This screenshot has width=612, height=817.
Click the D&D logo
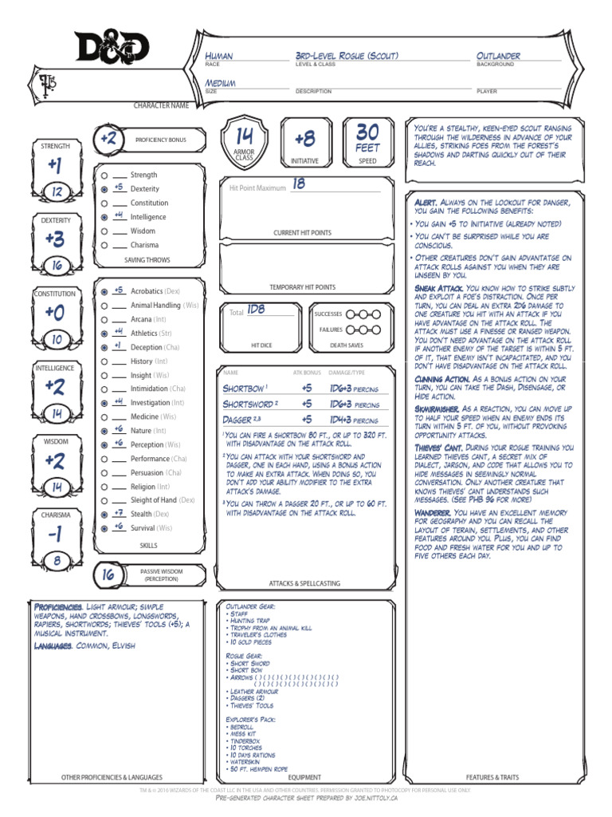pos(112,48)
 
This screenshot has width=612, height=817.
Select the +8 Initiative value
pos(304,139)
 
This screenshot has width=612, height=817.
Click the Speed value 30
pos(368,132)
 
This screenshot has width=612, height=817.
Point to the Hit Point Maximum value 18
pos(298,184)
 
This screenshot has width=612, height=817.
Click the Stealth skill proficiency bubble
pos(104,515)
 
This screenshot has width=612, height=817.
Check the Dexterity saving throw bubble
pos(104,189)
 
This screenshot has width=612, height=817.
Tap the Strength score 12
pos(57,192)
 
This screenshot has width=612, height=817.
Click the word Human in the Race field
pos(219,56)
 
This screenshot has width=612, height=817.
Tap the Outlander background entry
pos(498,56)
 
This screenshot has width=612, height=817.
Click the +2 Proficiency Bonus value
pos(108,139)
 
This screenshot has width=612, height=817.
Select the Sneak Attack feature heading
pos(438,288)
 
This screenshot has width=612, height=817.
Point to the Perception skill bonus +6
pos(118,444)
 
